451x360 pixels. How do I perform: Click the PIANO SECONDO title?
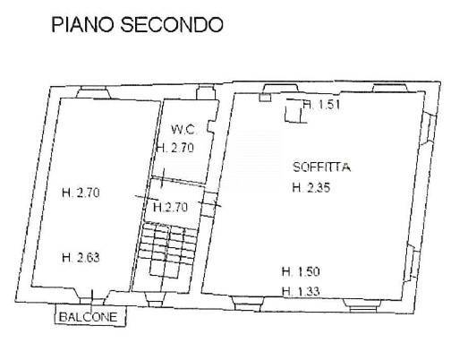coord(137,24)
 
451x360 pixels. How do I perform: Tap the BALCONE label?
coord(89,317)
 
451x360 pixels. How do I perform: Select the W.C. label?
coord(183,130)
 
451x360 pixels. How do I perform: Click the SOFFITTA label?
coord(322,167)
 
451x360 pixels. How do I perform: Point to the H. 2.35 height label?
coord(311,187)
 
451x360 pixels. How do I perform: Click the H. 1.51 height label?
coord(322,105)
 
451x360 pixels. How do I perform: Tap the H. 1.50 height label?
coord(301,271)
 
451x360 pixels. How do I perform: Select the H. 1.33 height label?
coord(301,291)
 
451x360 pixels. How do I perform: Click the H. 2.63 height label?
coord(81,257)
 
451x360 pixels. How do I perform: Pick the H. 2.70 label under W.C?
coord(175,148)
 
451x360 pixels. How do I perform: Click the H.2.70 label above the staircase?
coord(170,207)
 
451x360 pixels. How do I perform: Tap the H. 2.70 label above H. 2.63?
coord(81,193)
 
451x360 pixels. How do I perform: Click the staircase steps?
coord(167,244)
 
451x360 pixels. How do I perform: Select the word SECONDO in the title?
coord(172,24)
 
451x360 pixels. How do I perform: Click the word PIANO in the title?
coord(83,24)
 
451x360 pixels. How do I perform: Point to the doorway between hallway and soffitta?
coord(209,204)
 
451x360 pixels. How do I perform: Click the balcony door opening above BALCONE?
coord(92,300)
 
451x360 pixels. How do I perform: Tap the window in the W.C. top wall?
coord(206,92)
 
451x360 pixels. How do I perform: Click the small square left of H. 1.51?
coord(265,98)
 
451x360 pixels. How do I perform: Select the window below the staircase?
coord(156,300)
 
